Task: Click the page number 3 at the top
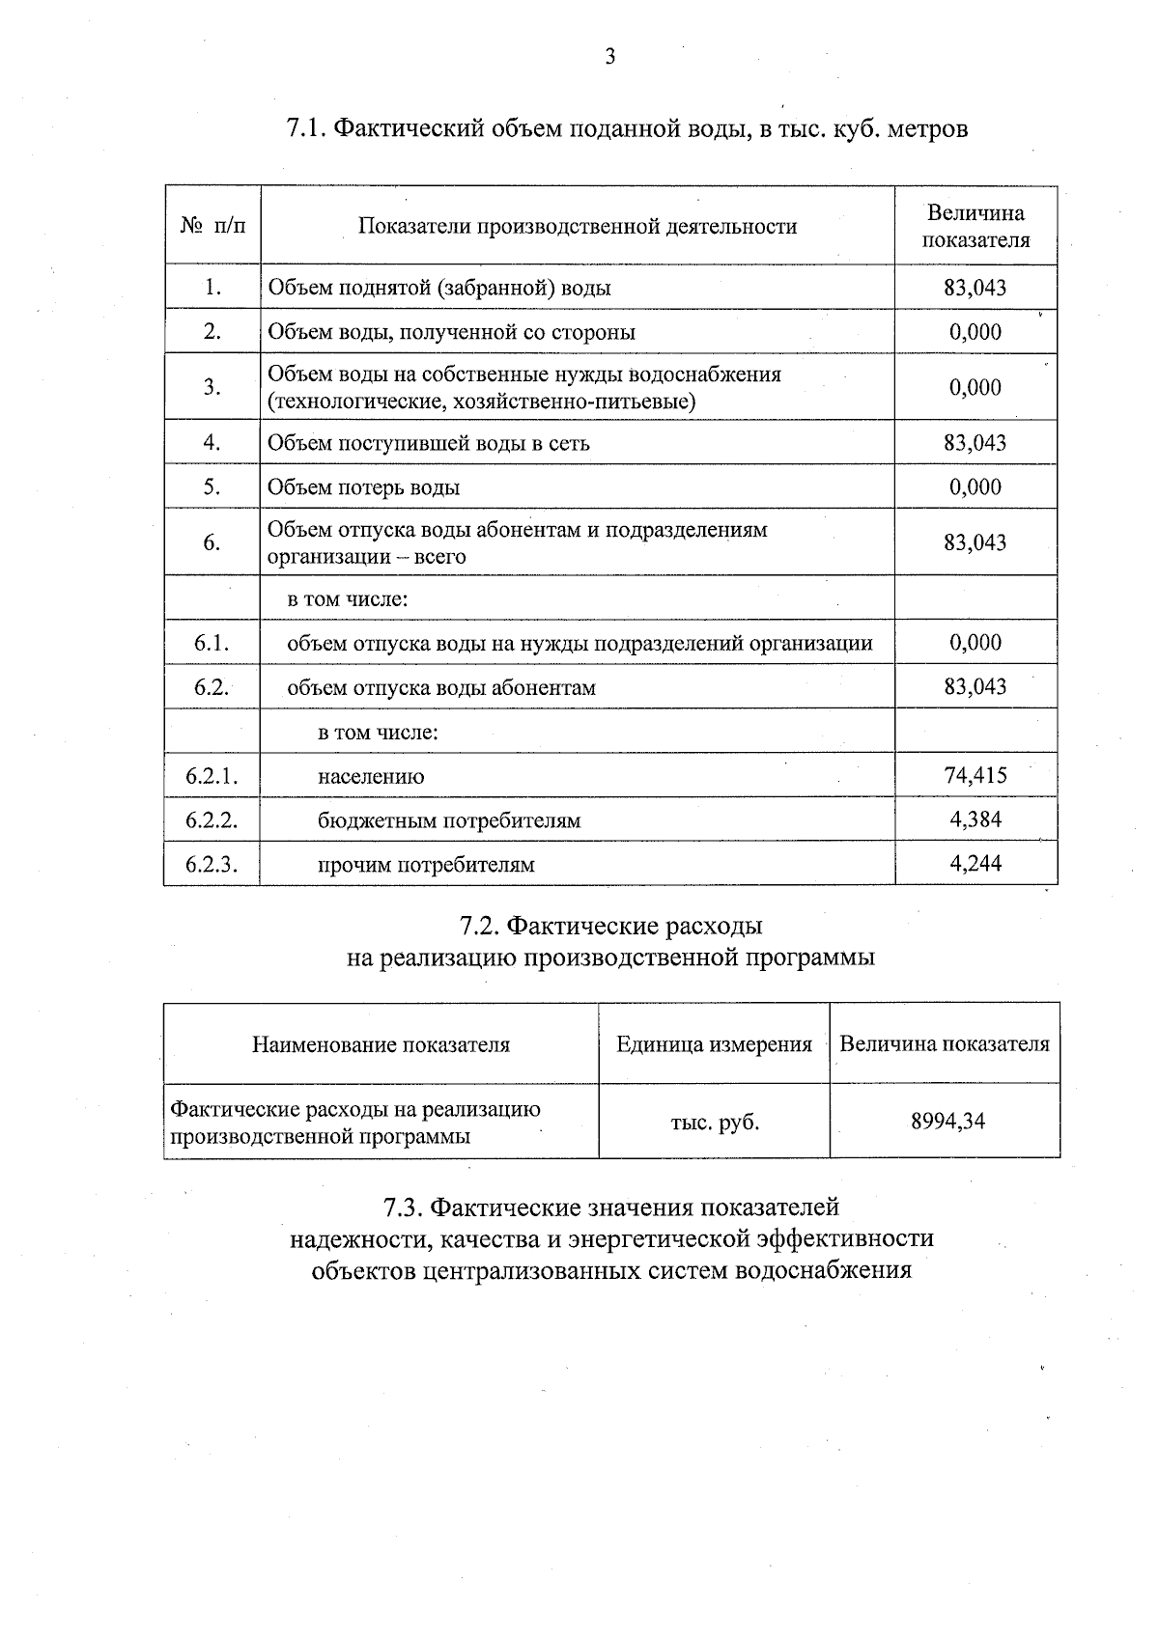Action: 609,57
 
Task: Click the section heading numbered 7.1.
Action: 627,128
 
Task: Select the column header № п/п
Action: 212,226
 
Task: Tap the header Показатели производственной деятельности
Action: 578,226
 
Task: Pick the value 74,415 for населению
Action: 975,775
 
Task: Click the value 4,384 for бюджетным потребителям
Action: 975,819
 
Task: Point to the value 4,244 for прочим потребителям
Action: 975,863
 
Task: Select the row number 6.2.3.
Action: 212,864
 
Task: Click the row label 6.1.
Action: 212,643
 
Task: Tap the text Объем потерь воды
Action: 363,487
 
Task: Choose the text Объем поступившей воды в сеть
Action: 428,443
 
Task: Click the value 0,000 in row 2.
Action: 975,332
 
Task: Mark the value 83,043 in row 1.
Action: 975,288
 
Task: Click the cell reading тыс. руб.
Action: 715,1123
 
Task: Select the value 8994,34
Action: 947,1122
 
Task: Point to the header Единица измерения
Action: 715,1044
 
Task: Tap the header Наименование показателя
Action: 381,1044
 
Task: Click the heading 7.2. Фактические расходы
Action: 611,926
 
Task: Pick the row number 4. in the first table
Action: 212,443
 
